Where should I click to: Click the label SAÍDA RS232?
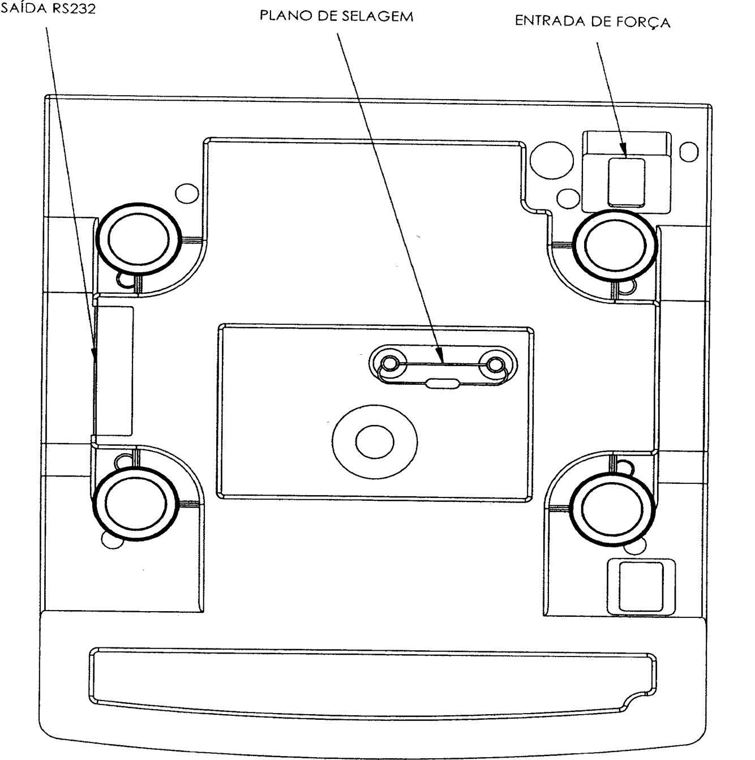(48, 8)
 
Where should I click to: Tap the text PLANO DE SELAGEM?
(337, 16)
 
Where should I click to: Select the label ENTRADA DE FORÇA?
(593, 22)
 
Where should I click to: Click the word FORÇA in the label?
(643, 22)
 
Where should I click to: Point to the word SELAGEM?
(377, 16)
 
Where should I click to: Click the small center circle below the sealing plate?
(375, 442)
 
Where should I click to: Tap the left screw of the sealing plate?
(390, 364)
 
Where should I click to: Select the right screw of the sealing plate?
(494, 364)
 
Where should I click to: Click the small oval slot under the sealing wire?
(443, 383)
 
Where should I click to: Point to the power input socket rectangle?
(627, 182)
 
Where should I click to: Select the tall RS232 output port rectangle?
(114, 371)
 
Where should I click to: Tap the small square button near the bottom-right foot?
(641, 586)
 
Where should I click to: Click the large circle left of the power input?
(551, 161)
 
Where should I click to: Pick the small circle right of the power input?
(689, 152)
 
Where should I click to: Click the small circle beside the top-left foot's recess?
(187, 193)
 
